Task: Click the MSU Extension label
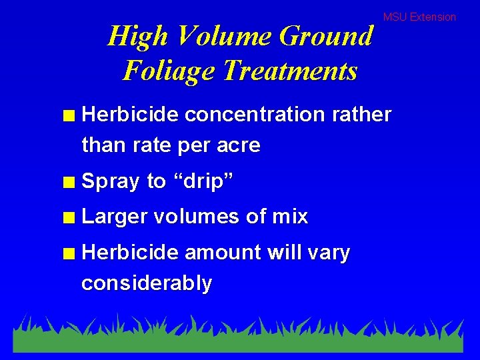(419, 17)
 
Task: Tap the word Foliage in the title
(169, 70)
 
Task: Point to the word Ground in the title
(326, 36)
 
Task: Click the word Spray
(111, 181)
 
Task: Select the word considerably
(147, 284)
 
